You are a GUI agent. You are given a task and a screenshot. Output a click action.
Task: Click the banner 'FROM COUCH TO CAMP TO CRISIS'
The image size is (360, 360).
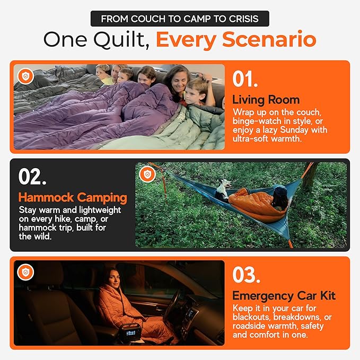179,19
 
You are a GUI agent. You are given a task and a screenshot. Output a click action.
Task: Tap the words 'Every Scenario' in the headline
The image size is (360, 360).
236,40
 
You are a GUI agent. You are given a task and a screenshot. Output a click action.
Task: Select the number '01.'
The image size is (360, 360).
245,80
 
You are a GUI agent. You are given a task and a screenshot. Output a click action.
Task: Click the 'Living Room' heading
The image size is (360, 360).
266,100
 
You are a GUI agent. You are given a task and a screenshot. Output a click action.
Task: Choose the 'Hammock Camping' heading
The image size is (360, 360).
73,198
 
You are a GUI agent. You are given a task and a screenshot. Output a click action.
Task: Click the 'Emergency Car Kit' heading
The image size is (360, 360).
284,296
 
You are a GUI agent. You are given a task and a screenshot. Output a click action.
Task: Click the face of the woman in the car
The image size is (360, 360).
116,277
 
